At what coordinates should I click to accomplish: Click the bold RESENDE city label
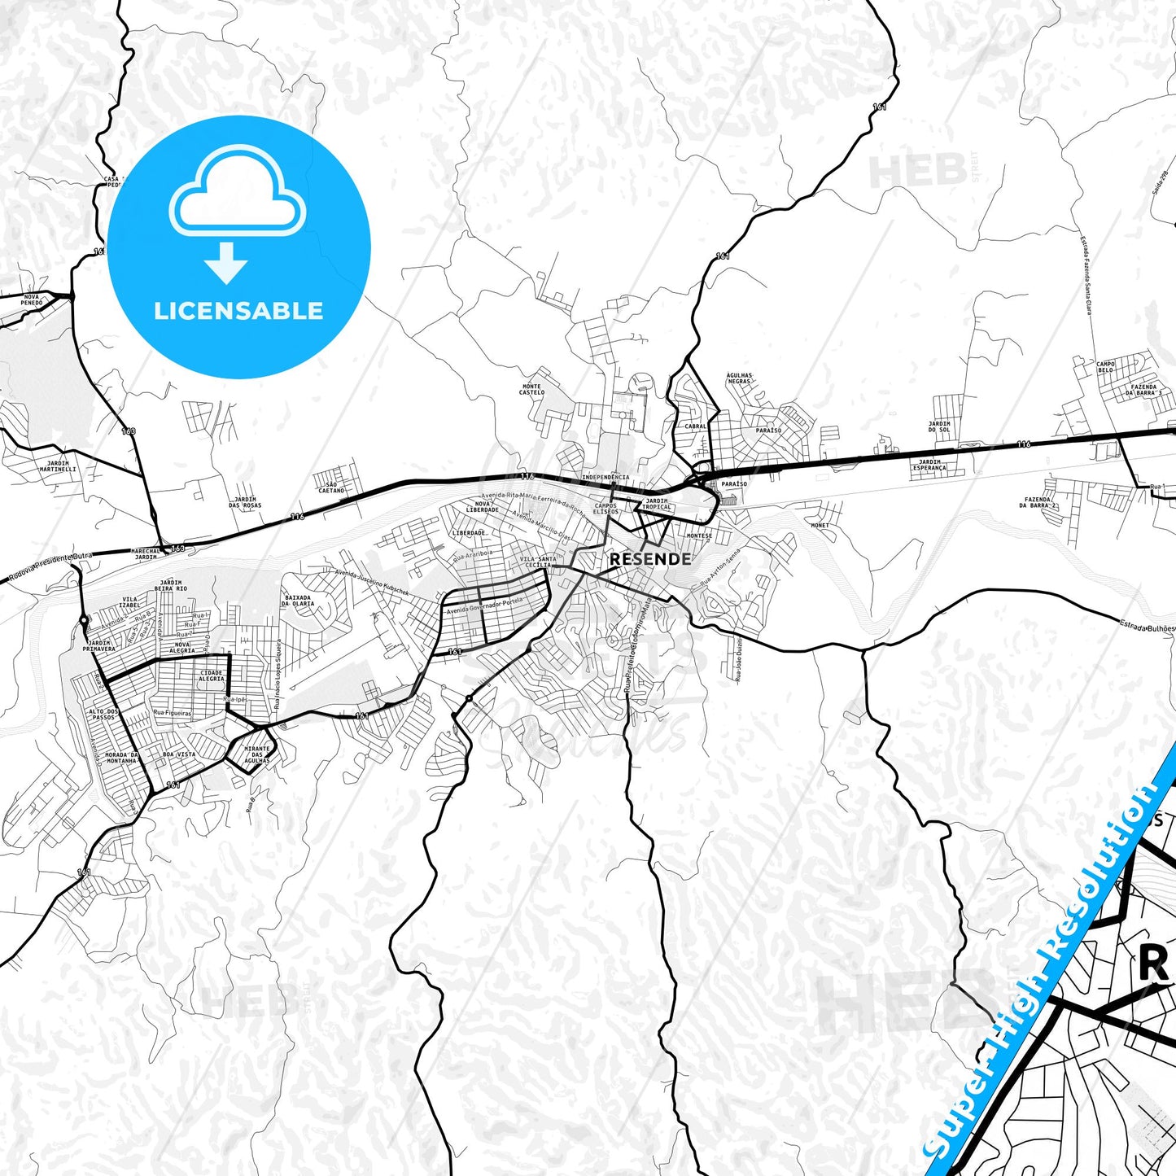[650, 558]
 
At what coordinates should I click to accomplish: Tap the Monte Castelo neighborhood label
[531, 390]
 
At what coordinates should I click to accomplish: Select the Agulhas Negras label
[739, 378]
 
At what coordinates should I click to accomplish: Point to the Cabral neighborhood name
[696, 426]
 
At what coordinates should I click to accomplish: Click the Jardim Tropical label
[657, 504]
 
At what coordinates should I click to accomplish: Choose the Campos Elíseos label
[605, 509]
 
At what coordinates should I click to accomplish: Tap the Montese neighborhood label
[699, 536]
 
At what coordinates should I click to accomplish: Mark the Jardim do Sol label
[939, 426]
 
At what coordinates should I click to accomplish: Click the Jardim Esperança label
[929, 466]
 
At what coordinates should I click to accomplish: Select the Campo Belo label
[1105, 367]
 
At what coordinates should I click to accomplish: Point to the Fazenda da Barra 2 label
[1038, 502]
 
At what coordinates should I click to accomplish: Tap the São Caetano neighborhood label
[331, 487]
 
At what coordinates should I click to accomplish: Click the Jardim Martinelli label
[58, 466]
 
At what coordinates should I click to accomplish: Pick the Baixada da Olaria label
[298, 601]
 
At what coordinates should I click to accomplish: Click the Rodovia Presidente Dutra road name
[51, 566]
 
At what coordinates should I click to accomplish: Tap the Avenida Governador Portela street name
[484, 606]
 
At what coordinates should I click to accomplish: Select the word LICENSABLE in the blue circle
[238, 311]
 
